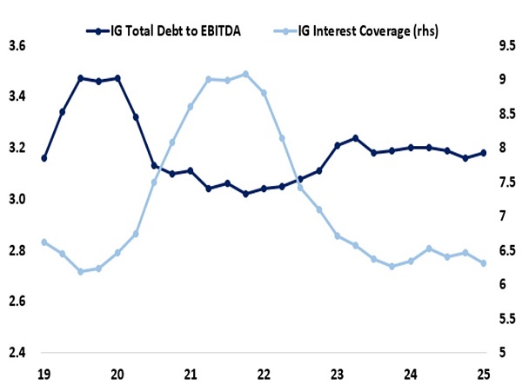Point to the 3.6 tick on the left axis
click(17, 45)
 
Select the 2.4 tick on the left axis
click(17, 353)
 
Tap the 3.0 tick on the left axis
click(17, 199)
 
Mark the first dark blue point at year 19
click(43, 158)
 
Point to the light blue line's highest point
click(245, 74)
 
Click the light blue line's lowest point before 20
click(80, 271)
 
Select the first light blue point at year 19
click(43, 242)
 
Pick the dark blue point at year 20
click(117, 78)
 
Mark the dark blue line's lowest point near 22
click(245, 194)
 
